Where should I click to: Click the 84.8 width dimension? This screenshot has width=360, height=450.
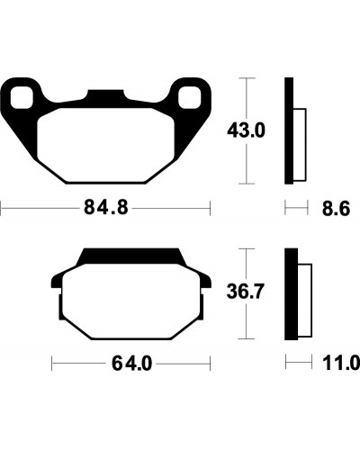[106, 208]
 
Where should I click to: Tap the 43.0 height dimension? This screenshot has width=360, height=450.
[246, 131]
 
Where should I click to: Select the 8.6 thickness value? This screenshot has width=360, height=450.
[336, 209]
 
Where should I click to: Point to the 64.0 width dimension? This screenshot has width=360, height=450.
[132, 364]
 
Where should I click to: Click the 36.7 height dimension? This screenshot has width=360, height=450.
[246, 292]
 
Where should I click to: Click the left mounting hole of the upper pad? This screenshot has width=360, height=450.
[22, 97]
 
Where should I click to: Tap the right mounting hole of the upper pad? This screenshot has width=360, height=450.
[189, 97]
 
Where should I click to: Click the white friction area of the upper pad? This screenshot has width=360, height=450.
[105, 145]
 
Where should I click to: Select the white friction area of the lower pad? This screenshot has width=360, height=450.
[131, 301]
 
